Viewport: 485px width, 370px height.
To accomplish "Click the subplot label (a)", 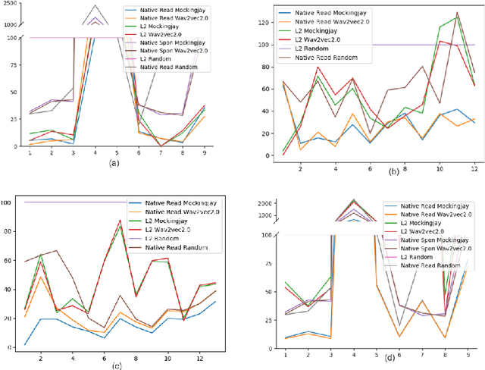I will click(114, 162).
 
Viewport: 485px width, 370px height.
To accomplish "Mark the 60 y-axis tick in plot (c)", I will click(8, 260).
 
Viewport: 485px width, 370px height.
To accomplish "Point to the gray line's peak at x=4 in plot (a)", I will click(95, 5).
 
